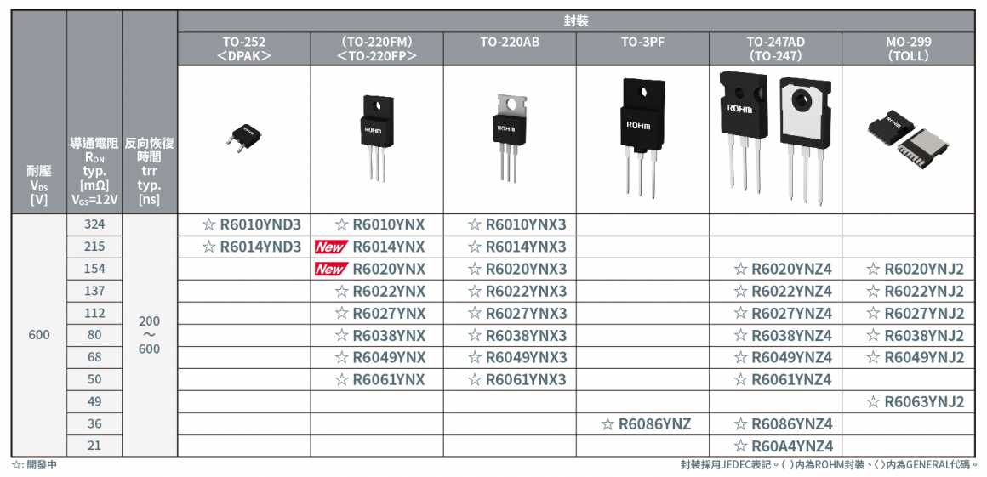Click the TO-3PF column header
tap(642, 42)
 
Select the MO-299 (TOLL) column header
tap(908, 48)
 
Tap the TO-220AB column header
tap(510, 42)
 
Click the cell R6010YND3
tap(252, 225)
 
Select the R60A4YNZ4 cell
tap(783, 446)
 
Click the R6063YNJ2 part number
tap(916, 402)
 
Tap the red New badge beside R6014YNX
tap(331, 247)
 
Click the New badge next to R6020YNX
tap(331, 270)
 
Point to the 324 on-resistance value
tap(94, 224)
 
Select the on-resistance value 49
tap(94, 401)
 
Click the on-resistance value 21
tap(94, 446)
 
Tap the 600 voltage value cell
tap(39, 335)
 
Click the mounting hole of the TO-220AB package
tap(509, 105)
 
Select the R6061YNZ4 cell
tap(783, 380)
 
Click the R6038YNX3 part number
tap(517, 336)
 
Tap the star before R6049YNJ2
tap(873, 358)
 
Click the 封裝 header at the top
tap(576, 21)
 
